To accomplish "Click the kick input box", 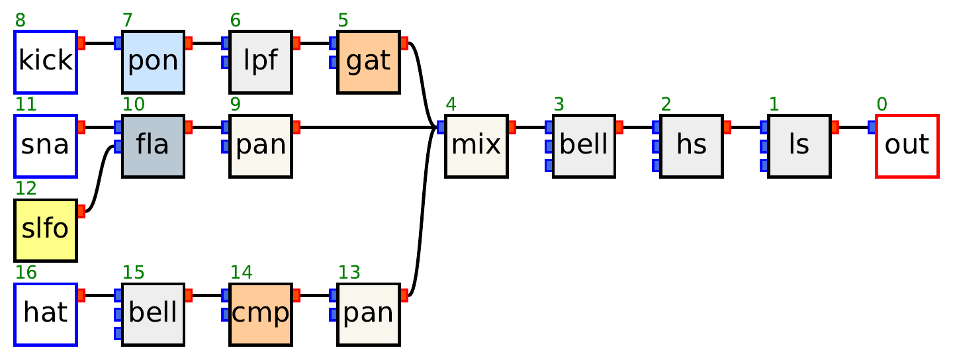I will [46, 62].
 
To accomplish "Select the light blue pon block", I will [153, 62].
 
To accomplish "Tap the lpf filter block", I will [261, 62].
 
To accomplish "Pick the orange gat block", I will [369, 62].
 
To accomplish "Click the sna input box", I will [46, 146].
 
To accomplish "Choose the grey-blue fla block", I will [153, 146].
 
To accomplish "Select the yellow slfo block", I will [46, 230].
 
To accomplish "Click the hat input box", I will [46, 314].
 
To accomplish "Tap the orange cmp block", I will [261, 314].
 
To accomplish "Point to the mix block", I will [476, 146].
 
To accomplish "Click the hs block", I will [692, 146].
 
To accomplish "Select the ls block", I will [799, 146].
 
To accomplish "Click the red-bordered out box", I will [907, 146].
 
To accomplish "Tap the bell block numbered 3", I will [584, 146].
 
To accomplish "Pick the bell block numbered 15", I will [153, 314].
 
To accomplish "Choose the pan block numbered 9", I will [261, 146].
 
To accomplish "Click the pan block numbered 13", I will [369, 314].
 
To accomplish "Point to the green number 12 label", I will [25, 189].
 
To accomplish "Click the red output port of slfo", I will [81, 212].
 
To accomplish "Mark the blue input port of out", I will [872, 127].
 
